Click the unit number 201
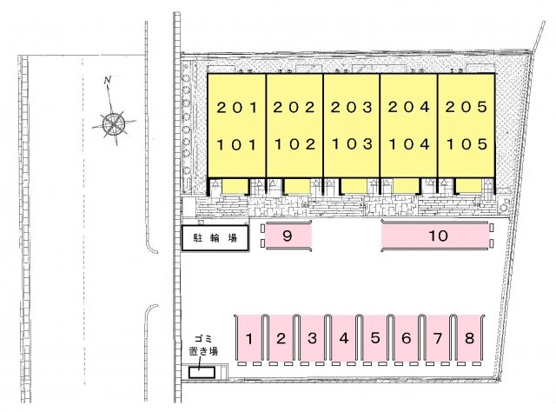click(237, 107)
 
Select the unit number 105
click(467, 144)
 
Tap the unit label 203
click(352, 107)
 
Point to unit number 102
click(295, 144)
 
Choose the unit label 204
click(409, 107)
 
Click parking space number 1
click(249, 338)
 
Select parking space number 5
click(375, 338)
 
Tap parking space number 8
click(469, 338)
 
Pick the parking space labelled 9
click(288, 236)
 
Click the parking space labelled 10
click(438, 236)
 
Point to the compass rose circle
click(114, 123)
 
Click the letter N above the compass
click(108, 80)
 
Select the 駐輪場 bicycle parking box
click(215, 238)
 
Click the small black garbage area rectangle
click(202, 373)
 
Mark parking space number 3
click(312, 338)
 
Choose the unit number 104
click(409, 144)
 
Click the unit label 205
click(467, 107)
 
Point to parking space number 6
click(407, 338)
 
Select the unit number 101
click(237, 145)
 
